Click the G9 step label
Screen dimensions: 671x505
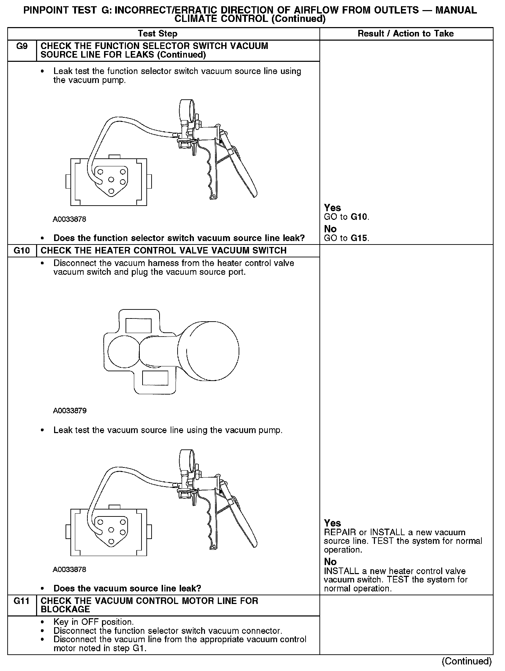[22, 46]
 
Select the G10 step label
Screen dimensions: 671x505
[22, 250]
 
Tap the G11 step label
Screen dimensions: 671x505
[22, 601]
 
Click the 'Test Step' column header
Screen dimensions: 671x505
[157, 34]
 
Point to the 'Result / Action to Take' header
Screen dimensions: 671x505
[405, 34]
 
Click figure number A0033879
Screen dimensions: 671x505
[69, 411]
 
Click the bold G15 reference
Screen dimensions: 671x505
[360, 238]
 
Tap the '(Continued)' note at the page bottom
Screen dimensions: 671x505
[467, 661]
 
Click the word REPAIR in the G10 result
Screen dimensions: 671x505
[340, 532]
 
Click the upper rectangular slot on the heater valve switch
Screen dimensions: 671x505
[138, 326]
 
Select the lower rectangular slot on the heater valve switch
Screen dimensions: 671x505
[155, 378]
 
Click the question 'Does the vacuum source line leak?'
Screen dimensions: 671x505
[127, 588]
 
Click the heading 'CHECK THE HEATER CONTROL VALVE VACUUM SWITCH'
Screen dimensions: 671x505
[164, 250]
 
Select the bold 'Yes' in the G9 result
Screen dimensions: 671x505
[332, 208]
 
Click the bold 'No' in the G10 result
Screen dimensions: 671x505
[330, 562]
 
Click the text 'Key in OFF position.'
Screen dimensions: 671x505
[93, 622]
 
